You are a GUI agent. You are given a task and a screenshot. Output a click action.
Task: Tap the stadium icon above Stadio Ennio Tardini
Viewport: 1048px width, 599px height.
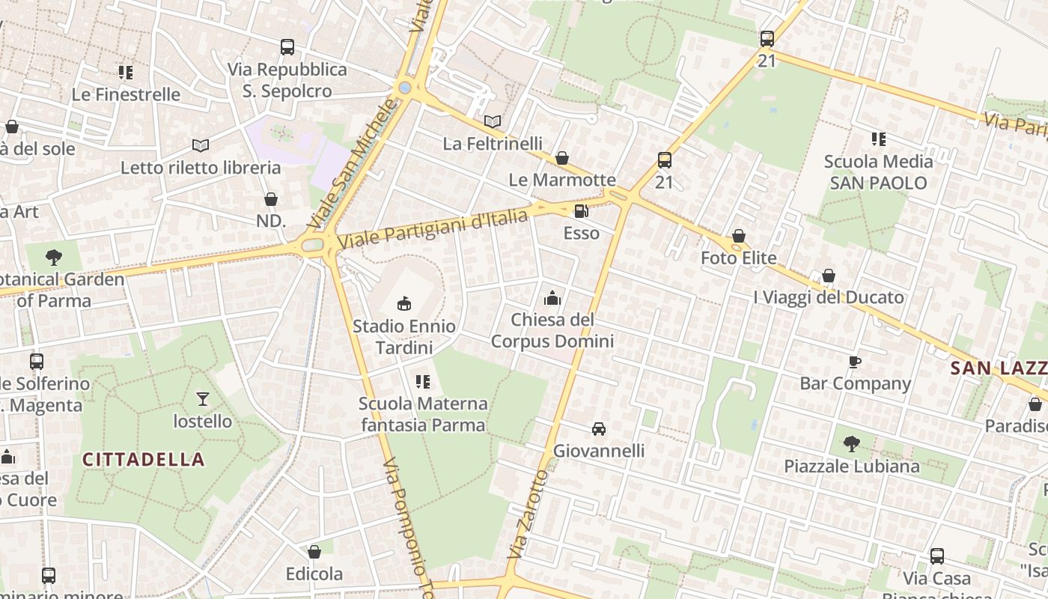point(404,303)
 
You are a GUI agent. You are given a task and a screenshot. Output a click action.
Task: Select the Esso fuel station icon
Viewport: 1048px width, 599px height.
point(581,211)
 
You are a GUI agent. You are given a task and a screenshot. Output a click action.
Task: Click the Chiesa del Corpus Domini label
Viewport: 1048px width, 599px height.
point(552,330)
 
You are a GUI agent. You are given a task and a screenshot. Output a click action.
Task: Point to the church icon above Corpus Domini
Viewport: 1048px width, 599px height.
point(552,298)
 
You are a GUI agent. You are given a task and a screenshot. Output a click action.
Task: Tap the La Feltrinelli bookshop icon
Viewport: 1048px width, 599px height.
point(492,121)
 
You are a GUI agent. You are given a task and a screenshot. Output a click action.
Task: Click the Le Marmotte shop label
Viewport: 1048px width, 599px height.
point(562,180)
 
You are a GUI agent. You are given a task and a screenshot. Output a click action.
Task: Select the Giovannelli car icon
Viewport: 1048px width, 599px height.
point(598,429)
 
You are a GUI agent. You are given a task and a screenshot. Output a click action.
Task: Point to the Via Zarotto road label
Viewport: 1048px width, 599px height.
point(528,513)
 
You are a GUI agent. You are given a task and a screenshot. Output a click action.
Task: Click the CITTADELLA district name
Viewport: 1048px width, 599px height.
point(143,459)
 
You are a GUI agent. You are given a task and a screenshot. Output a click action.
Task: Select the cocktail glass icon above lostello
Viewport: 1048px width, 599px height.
point(202,398)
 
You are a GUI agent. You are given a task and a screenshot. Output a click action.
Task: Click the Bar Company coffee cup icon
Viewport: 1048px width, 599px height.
point(855,362)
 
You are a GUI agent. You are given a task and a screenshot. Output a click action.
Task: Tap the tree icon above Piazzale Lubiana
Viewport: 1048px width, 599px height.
point(851,443)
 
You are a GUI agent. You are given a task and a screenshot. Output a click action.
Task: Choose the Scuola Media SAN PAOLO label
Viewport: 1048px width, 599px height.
point(878,172)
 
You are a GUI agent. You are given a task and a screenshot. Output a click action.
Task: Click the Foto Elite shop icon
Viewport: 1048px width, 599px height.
point(739,236)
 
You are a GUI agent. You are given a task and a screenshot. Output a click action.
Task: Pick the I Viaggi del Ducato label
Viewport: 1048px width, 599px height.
point(829,297)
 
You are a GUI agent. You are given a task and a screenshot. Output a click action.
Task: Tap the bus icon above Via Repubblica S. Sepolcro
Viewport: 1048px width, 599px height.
point(287,47)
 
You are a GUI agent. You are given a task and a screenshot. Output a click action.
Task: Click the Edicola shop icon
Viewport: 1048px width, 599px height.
point(314,552)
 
